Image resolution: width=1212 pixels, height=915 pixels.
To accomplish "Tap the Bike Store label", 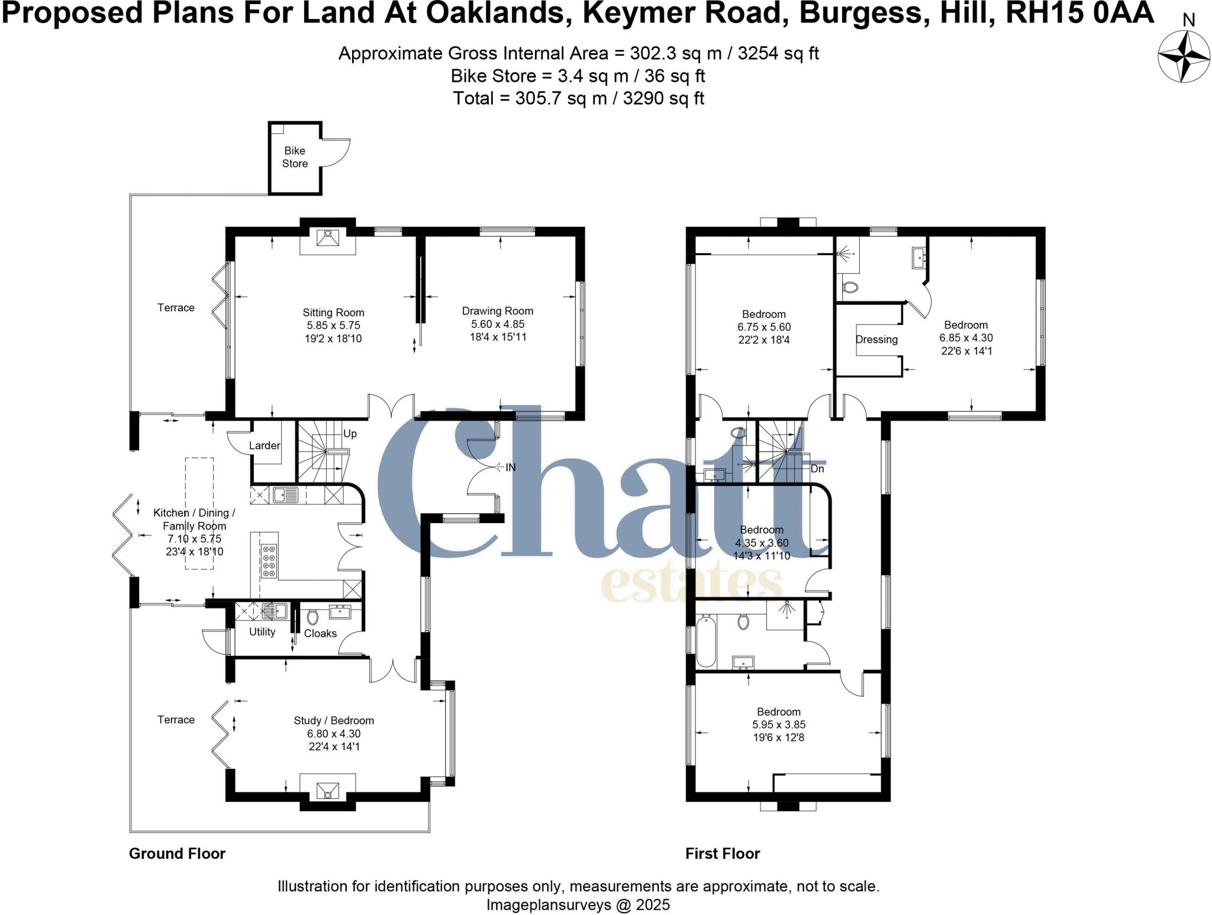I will click(x=295, y=157).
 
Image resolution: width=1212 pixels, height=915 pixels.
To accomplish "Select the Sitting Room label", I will click(x=333, y=312).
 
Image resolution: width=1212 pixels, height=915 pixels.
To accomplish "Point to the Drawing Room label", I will click(x=497, y=311).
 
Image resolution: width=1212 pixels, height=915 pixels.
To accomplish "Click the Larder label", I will click(x=264, y=446).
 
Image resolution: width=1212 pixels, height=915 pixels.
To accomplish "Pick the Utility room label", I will click(x=262, y=632).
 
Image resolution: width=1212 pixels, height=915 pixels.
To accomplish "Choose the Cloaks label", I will click(x=320, y=633).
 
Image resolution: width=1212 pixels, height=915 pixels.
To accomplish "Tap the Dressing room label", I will click(x=876, y=340).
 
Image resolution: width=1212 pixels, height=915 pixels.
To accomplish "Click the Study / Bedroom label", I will click(x=334, y=720).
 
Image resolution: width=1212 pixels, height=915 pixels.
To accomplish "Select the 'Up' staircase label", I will click(x=350, y=434).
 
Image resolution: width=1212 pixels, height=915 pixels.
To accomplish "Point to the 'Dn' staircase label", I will click(x=817, y=469).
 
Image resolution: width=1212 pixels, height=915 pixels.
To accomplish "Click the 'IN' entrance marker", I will click(x=510, y=468).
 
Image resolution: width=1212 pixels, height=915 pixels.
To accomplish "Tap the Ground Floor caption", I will click(x=177, y=853).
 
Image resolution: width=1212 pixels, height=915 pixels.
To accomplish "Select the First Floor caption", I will click(x=722, y=853).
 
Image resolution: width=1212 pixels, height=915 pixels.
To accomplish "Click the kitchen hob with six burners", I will click(x=268, y=560).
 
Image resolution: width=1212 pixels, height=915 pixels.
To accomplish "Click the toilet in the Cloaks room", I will click(x=312, y=617).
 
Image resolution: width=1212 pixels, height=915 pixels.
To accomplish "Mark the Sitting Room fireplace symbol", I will click(x=327, y=238).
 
